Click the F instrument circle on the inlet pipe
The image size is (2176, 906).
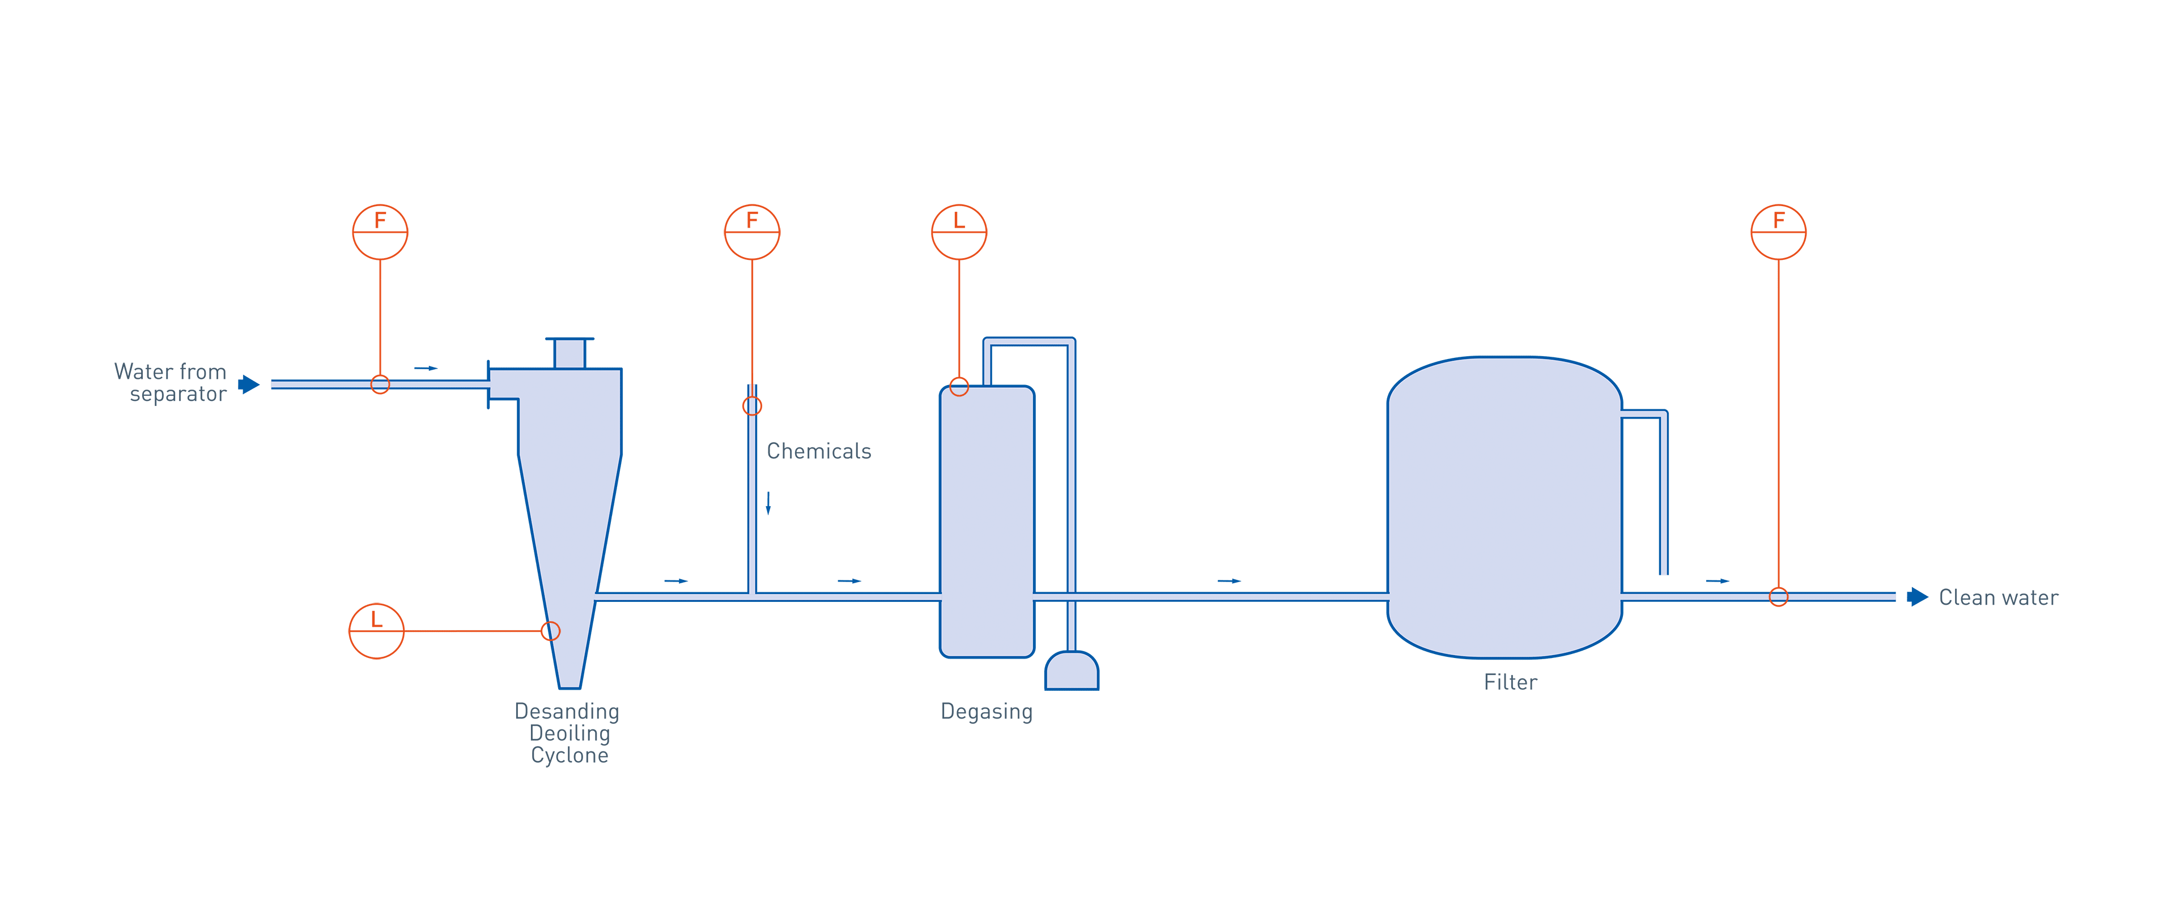click(380, 232)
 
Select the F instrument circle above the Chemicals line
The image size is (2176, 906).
click(752, 232)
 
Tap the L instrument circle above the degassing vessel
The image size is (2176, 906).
click(959, 232)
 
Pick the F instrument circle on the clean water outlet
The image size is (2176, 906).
click(1778, 232)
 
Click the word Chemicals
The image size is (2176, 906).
click(818, 451)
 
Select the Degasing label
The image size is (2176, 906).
click(987, 712)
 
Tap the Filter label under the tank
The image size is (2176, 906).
click(1510, 682)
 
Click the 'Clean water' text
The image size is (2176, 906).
click(1997, 598)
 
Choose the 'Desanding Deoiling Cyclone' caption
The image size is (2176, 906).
click(568, 733)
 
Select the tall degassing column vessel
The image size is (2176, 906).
click(987, 521)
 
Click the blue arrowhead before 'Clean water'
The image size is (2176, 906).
click(1918, 597)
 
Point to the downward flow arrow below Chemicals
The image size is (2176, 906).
click(768, 502)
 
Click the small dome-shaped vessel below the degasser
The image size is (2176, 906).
click(1071, 671)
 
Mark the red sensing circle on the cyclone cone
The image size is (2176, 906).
click(550, 631)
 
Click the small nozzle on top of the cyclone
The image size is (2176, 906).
click(569, 353)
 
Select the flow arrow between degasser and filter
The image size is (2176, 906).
click(1229, 581)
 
